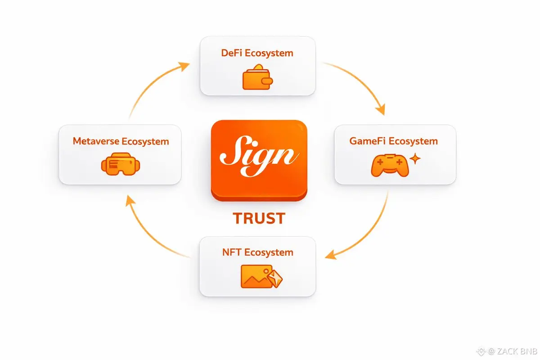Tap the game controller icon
(x=390, y=165)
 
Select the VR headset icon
(x=121, y=164)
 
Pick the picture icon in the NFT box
(x=256, y=276)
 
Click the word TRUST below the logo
(x=259, y=218)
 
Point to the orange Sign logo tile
(x=259, y=160)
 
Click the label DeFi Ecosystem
(x=257, y=53)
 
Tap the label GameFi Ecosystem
(x=393, y=141)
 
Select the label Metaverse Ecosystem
(x=121, y=141)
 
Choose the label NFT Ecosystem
(x=257, y=252)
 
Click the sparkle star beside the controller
(x=416, y=158)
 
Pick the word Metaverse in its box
(x=95, y=141)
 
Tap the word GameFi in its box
(x=367, y=141)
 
